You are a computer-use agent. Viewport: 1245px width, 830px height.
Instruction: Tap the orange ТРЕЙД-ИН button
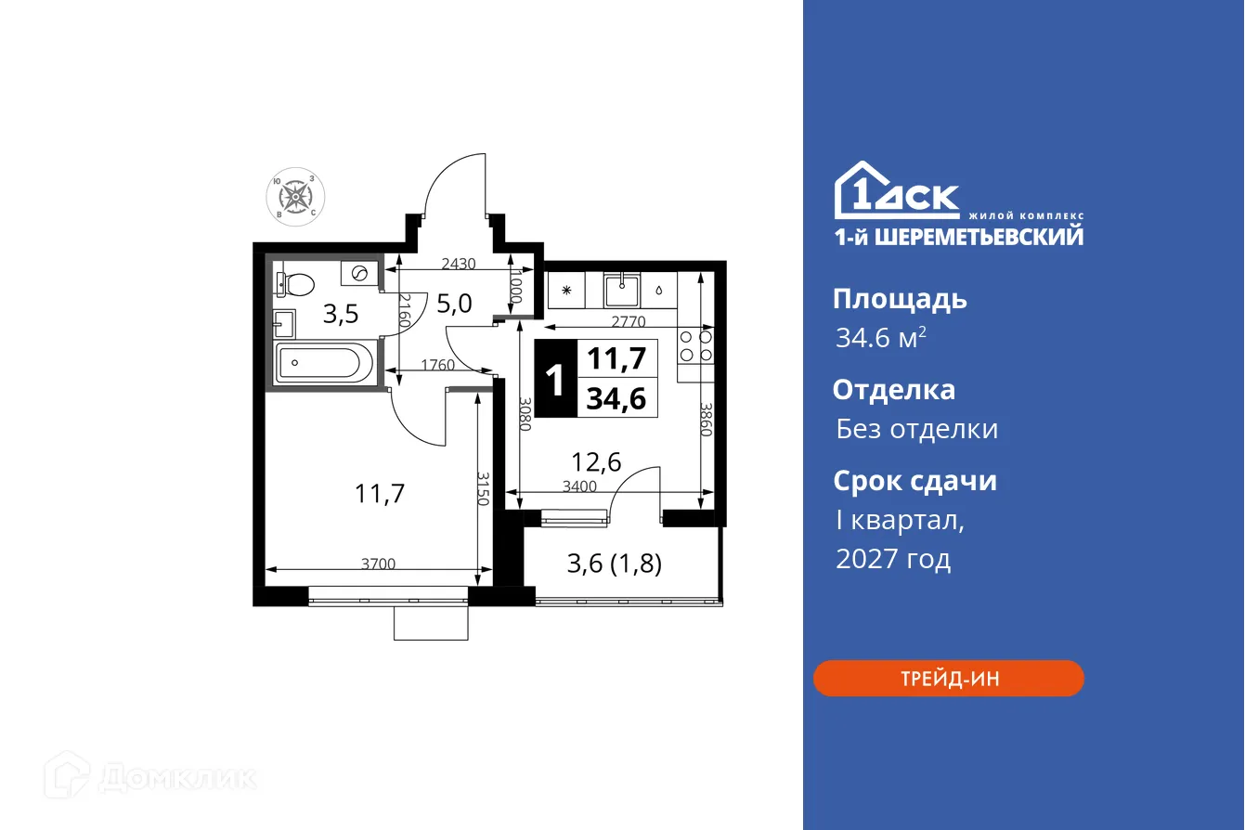[x=949, y=679]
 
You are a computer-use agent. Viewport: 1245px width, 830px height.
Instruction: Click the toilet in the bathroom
[x=294, y=279]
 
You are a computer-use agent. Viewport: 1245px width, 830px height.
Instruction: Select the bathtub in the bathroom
[x=322, y=361]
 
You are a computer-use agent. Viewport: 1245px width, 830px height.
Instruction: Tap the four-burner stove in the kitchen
[x=695, y=345]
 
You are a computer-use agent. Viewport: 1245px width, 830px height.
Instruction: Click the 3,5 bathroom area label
[x=340, y=315]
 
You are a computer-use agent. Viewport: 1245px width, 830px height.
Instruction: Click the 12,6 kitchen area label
[x=595, y=461]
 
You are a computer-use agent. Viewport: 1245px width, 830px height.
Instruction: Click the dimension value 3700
[x=379, y=563]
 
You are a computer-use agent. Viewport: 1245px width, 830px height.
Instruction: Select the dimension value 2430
[x=458, y=264]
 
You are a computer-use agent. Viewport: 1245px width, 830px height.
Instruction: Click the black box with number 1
[x=556, y=380]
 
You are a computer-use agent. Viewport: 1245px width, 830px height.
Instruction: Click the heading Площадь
[x=900, y=299]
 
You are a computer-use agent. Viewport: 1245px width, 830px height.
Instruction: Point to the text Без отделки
[x=916, y=429]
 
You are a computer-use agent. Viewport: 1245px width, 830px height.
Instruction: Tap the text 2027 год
[x=892, y=559]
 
